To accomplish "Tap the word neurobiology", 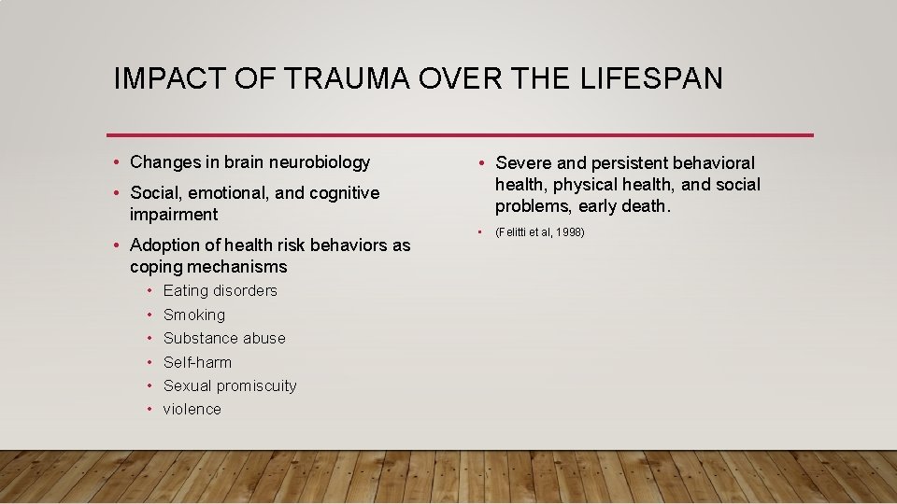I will (320, 162).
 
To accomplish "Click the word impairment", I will (174, 215).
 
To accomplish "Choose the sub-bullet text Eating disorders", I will (220, 290).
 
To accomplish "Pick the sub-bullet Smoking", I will (193, 315).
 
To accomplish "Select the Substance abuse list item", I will (224, 338).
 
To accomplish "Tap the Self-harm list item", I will (197, 362).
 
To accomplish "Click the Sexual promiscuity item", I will (230, 385).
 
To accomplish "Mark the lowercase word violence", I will (192, 409).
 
